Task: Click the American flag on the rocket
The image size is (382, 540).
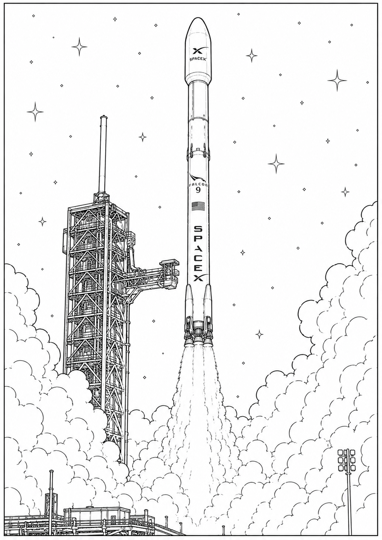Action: point(198,206)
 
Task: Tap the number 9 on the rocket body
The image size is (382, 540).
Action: point(198,190)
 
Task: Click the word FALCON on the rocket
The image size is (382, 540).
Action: point(198,185)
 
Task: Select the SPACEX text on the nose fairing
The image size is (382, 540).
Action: point(198,59)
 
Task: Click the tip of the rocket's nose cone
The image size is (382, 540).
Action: point(199,18)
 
